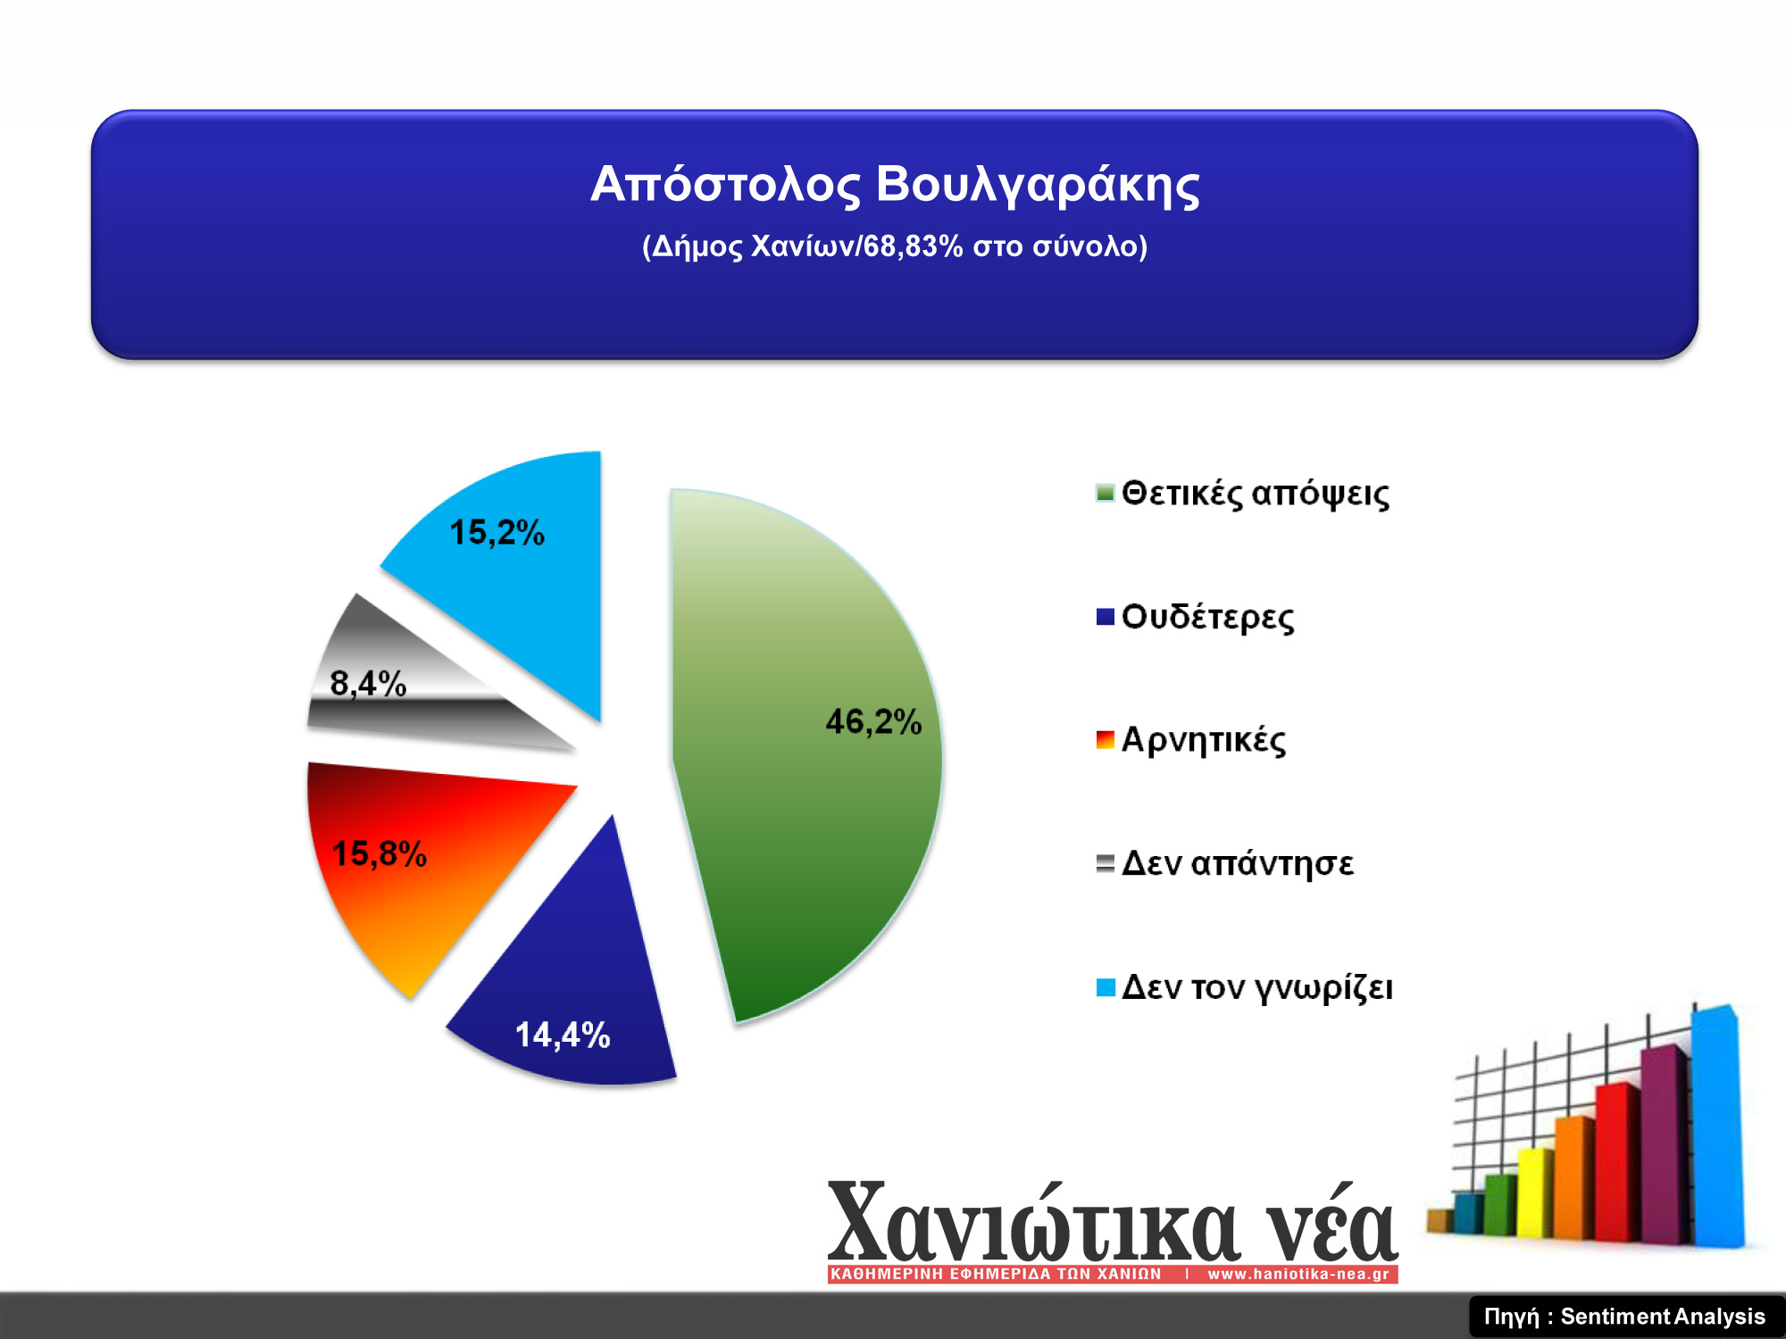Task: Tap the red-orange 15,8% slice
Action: pyautogui.click(x=420, y=857)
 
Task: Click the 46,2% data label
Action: pyautogui.click(x=873, y=721)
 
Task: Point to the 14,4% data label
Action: pyautogui.click(x=563, y=1035)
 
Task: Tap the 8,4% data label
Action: pyautogui.click(x=368, y=684)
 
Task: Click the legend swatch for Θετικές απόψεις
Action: pyautogui.click(x=1106, y=494)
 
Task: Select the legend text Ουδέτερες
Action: pyautogui.click(x=1207, y=617)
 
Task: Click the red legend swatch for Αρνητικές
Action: pyautogui.click(x=1106, y=740)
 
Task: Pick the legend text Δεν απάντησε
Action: pyautogui.click(x=1238, y=863)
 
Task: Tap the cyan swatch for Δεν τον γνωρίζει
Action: pyautogui.click(x=1106, y=987)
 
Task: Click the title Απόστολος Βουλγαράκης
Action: pyautogui.click(x=895, y=185)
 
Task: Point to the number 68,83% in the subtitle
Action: pyautogui.click(x=913, y=245)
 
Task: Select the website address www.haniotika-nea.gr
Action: pyautogui.click(x=1298, y=1274)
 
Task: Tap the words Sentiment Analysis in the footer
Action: pyautogui.click(x=1663, y=1317)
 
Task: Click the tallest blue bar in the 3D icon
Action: pyautogui.click(x=1716, y=1127)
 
